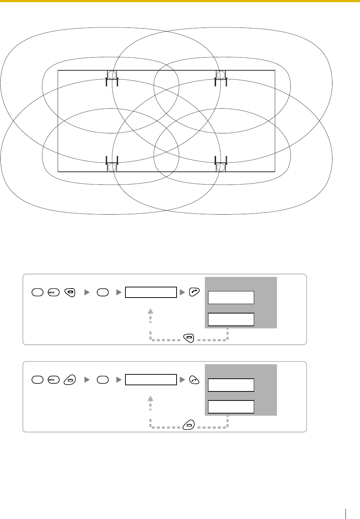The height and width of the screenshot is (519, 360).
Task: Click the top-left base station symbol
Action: pos(112,75)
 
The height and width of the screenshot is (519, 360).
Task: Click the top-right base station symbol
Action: pos(221,75)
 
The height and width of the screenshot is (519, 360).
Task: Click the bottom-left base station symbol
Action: pos(112,167)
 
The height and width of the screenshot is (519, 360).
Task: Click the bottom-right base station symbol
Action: pos(221,167)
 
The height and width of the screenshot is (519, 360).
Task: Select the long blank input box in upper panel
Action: pos(151,292)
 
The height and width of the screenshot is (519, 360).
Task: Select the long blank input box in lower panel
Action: pos(151,380)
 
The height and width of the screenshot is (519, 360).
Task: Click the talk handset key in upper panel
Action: pos(194,292)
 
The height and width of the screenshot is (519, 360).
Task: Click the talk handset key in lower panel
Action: pos(194,380)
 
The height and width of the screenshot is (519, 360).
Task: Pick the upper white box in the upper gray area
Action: pos(231,298)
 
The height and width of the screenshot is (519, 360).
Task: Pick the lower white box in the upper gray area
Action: pos(231,319)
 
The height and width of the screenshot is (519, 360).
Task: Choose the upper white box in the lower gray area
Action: pos(231,385)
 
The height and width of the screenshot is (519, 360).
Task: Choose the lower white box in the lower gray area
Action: pos(231,407)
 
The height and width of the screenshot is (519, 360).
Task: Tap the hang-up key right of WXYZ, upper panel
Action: pos(69,292)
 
